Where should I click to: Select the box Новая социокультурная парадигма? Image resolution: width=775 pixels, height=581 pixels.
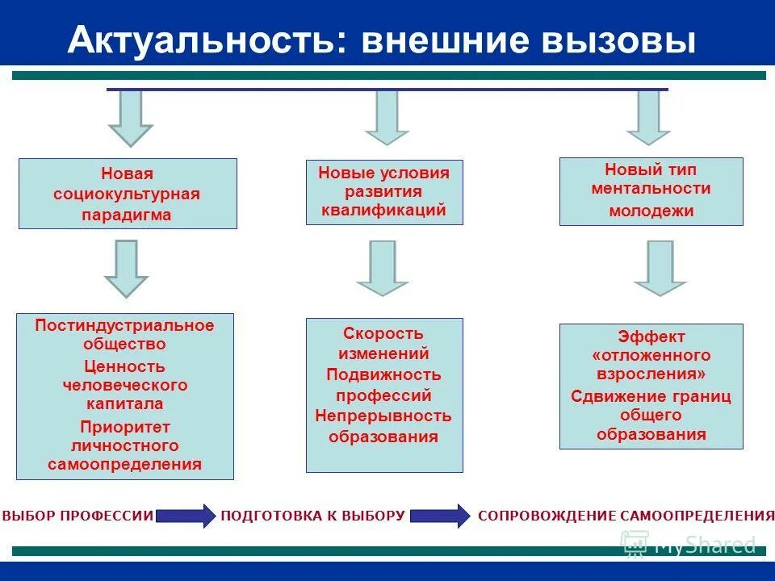click(x=128, y=194)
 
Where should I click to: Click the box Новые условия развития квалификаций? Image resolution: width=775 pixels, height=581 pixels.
click(x=384, y=192)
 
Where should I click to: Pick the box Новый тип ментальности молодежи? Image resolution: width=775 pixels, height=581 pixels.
click(x=651, y=191)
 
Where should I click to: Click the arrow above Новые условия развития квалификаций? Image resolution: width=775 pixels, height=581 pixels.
click(x=387, y=116)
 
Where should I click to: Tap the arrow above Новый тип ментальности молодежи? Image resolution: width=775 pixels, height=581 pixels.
click(x=648, y=116)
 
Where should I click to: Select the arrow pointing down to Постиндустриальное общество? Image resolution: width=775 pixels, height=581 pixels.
click(x=126, y=269)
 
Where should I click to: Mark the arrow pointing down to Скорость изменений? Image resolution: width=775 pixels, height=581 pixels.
click(x=383, y=267)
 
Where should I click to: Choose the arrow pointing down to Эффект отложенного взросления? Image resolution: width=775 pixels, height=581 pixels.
click(x=660, y=267)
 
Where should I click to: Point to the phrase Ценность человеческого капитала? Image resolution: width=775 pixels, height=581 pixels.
click(x=124, y=385)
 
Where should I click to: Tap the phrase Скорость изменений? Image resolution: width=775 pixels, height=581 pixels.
click(x=383, y=343)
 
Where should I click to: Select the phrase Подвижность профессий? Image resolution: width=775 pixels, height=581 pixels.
click(x=383, y=385)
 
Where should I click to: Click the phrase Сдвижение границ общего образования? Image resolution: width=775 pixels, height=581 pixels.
click(x=651, y=415)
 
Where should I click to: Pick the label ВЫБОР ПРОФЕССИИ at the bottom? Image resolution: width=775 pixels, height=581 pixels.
click(x=77, y=515)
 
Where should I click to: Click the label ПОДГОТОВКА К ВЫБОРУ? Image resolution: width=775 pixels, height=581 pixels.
click(x=312, y=515)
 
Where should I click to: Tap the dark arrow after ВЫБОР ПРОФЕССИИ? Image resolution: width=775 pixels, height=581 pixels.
click(x=185, y=515)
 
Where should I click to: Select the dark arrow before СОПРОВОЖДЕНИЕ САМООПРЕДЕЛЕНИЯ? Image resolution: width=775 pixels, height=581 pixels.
click(x=439, y=515)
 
